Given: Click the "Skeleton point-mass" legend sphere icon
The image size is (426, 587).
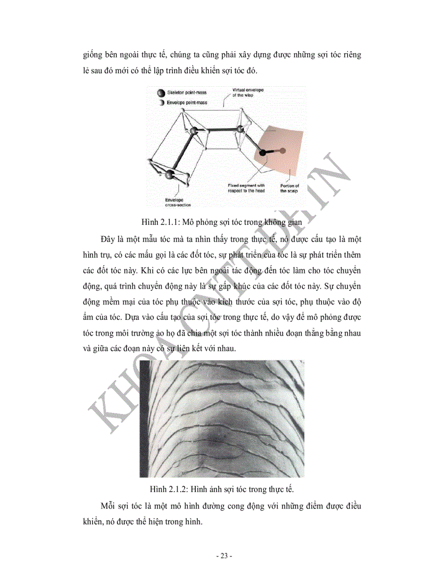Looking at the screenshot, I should coord(160,93).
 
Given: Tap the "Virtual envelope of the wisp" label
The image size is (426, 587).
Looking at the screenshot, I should coord(248,93).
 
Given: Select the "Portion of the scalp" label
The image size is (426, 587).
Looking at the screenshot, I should coord(289,188).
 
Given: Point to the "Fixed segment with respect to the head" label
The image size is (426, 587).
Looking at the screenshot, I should coord(246,188).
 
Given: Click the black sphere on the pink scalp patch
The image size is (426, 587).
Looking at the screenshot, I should coord(263,153).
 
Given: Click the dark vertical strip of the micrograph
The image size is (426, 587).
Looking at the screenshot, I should coord(144,418).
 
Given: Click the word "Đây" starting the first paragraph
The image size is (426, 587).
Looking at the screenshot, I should coord(109,239).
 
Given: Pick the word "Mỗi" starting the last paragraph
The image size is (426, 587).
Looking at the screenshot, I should coord(109,507).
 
